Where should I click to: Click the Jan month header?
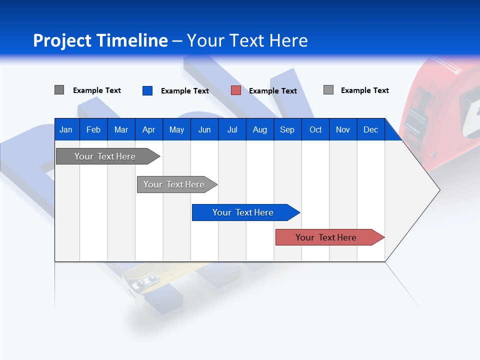66,130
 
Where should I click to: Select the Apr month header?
148,130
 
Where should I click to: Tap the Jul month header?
232,130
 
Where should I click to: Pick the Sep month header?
287,130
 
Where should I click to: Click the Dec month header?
370,130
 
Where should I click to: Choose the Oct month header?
315,130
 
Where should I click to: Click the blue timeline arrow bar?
243,212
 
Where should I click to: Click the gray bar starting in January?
105,156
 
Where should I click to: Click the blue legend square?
147,90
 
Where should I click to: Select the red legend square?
236,90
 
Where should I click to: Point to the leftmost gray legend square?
59,90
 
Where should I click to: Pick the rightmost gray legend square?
328,90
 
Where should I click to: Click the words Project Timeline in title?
100,40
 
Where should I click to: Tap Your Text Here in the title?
247,40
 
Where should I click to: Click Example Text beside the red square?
272,91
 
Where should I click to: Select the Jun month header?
204,130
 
